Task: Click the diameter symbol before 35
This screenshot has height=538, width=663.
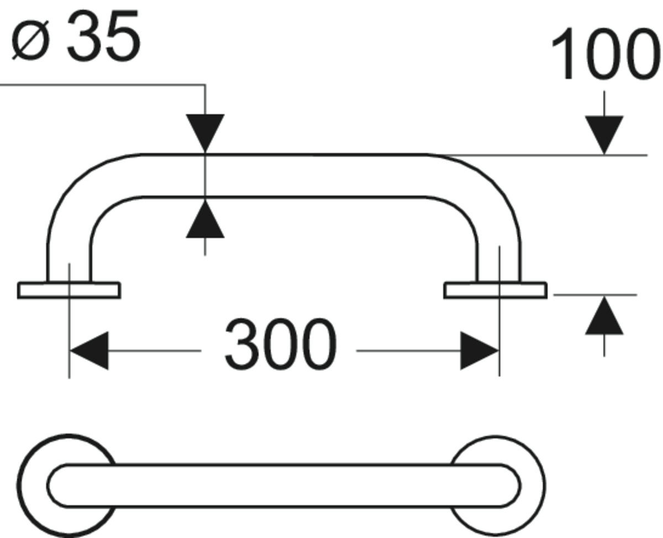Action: [x=30, y=40]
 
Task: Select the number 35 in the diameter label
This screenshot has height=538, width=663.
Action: [x=103, y=35]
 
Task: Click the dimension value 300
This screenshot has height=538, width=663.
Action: [x=281, y=344]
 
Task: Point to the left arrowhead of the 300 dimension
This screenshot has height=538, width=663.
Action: [x=90, y=351]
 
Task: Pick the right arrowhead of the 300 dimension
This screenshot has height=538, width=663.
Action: [x=480, y=351]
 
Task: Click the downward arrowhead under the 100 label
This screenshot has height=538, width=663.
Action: [x=604, y=135]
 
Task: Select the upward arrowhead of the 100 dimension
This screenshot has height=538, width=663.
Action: [x=604, y=315]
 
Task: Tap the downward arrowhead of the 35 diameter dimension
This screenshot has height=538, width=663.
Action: [x=205, y=134]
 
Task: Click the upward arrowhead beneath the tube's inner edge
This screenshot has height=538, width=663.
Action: [x=205, y=219]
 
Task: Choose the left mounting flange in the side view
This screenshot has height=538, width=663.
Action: [x=69, y=291]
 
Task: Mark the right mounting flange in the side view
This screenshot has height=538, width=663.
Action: [x=495, y=291]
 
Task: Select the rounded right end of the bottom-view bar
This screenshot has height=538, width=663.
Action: [x=518, y=485]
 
